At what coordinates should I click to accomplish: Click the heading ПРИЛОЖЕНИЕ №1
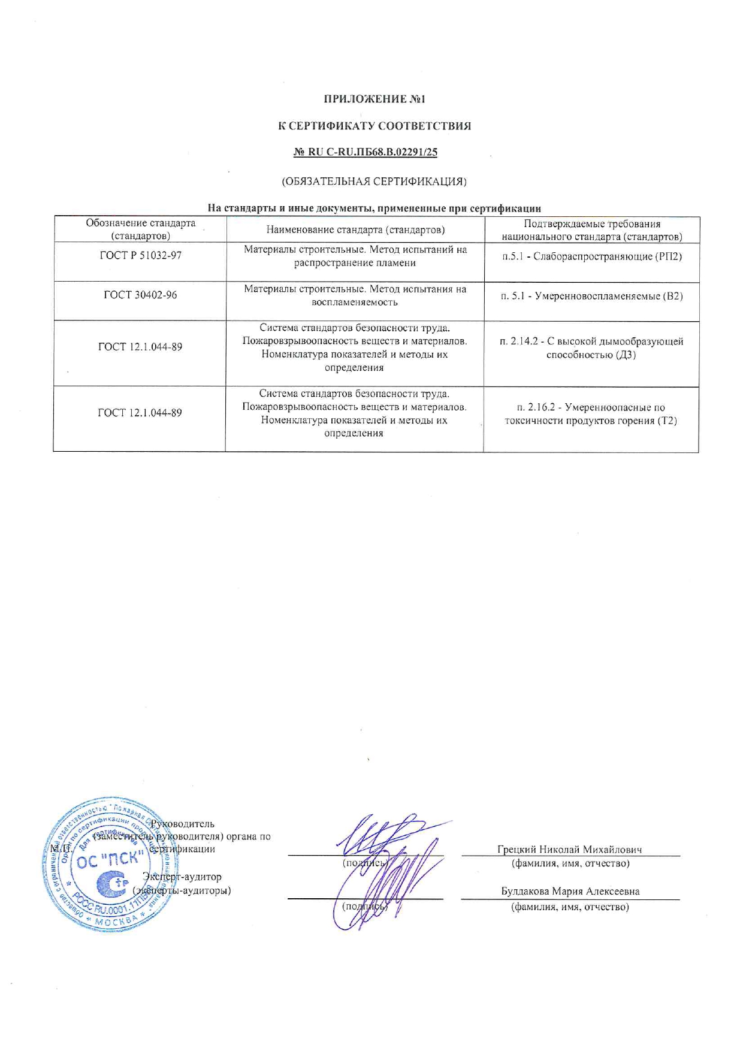pyautogui.click(x=374, y=99)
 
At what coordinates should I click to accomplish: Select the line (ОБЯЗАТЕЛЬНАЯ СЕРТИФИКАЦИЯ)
pyautogui.click(x=374, y=181)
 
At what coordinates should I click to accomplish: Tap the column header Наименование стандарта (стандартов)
pyautogui.click(x=355, y=230)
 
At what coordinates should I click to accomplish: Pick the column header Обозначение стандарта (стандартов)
pyautogui.click(x=141, y=230)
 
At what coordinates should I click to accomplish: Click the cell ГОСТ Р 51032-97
pyautogui.click(x=140, y=256)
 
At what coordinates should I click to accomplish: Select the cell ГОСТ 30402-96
pyautogui.click(x=140, y=295)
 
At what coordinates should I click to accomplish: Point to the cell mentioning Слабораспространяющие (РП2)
pyautogui.click(x=592, y=257)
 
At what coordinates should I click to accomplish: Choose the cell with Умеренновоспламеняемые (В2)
pyautogui.click(x=592, y=297)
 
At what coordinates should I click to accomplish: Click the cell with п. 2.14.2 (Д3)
pyautogui.click(x=591, y=348)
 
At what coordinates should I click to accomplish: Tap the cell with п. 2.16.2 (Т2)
pyautogui.click(x=591, y=414)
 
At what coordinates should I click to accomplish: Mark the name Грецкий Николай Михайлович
pyautogui.click(x=569, y=850)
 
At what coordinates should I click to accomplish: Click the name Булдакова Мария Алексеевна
pyautogui.click(x=570, y=891)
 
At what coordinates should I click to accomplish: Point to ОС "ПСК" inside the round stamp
pyautogui.click(x=108, y=859)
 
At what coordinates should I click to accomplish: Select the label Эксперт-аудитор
pyautogui.click(x=182, y=877)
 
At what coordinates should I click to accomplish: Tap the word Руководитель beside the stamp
pyautogui.click(x=182, y=824)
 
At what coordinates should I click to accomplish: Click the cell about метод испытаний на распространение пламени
pyautogui.click(x=355, y=256)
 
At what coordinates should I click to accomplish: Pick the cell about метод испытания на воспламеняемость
pyautogui.click(x=355, y=296)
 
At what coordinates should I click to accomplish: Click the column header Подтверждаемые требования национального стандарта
pyautogui.click(x=592, y=230)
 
